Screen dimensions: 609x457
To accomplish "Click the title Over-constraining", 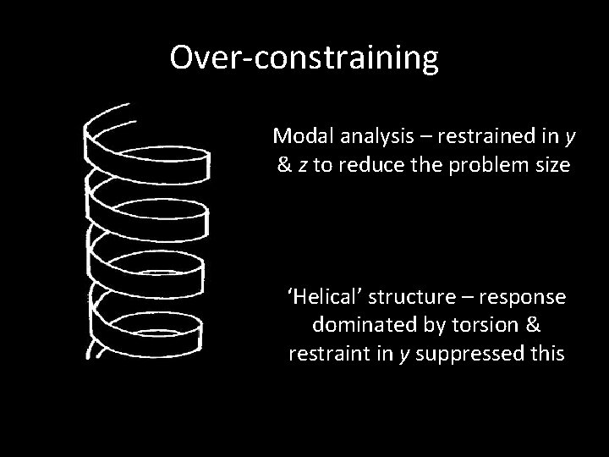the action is pyautogui.click(x=304, y=58).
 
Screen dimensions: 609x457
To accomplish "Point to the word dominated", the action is pyautogui.click(x=351, y=325).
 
